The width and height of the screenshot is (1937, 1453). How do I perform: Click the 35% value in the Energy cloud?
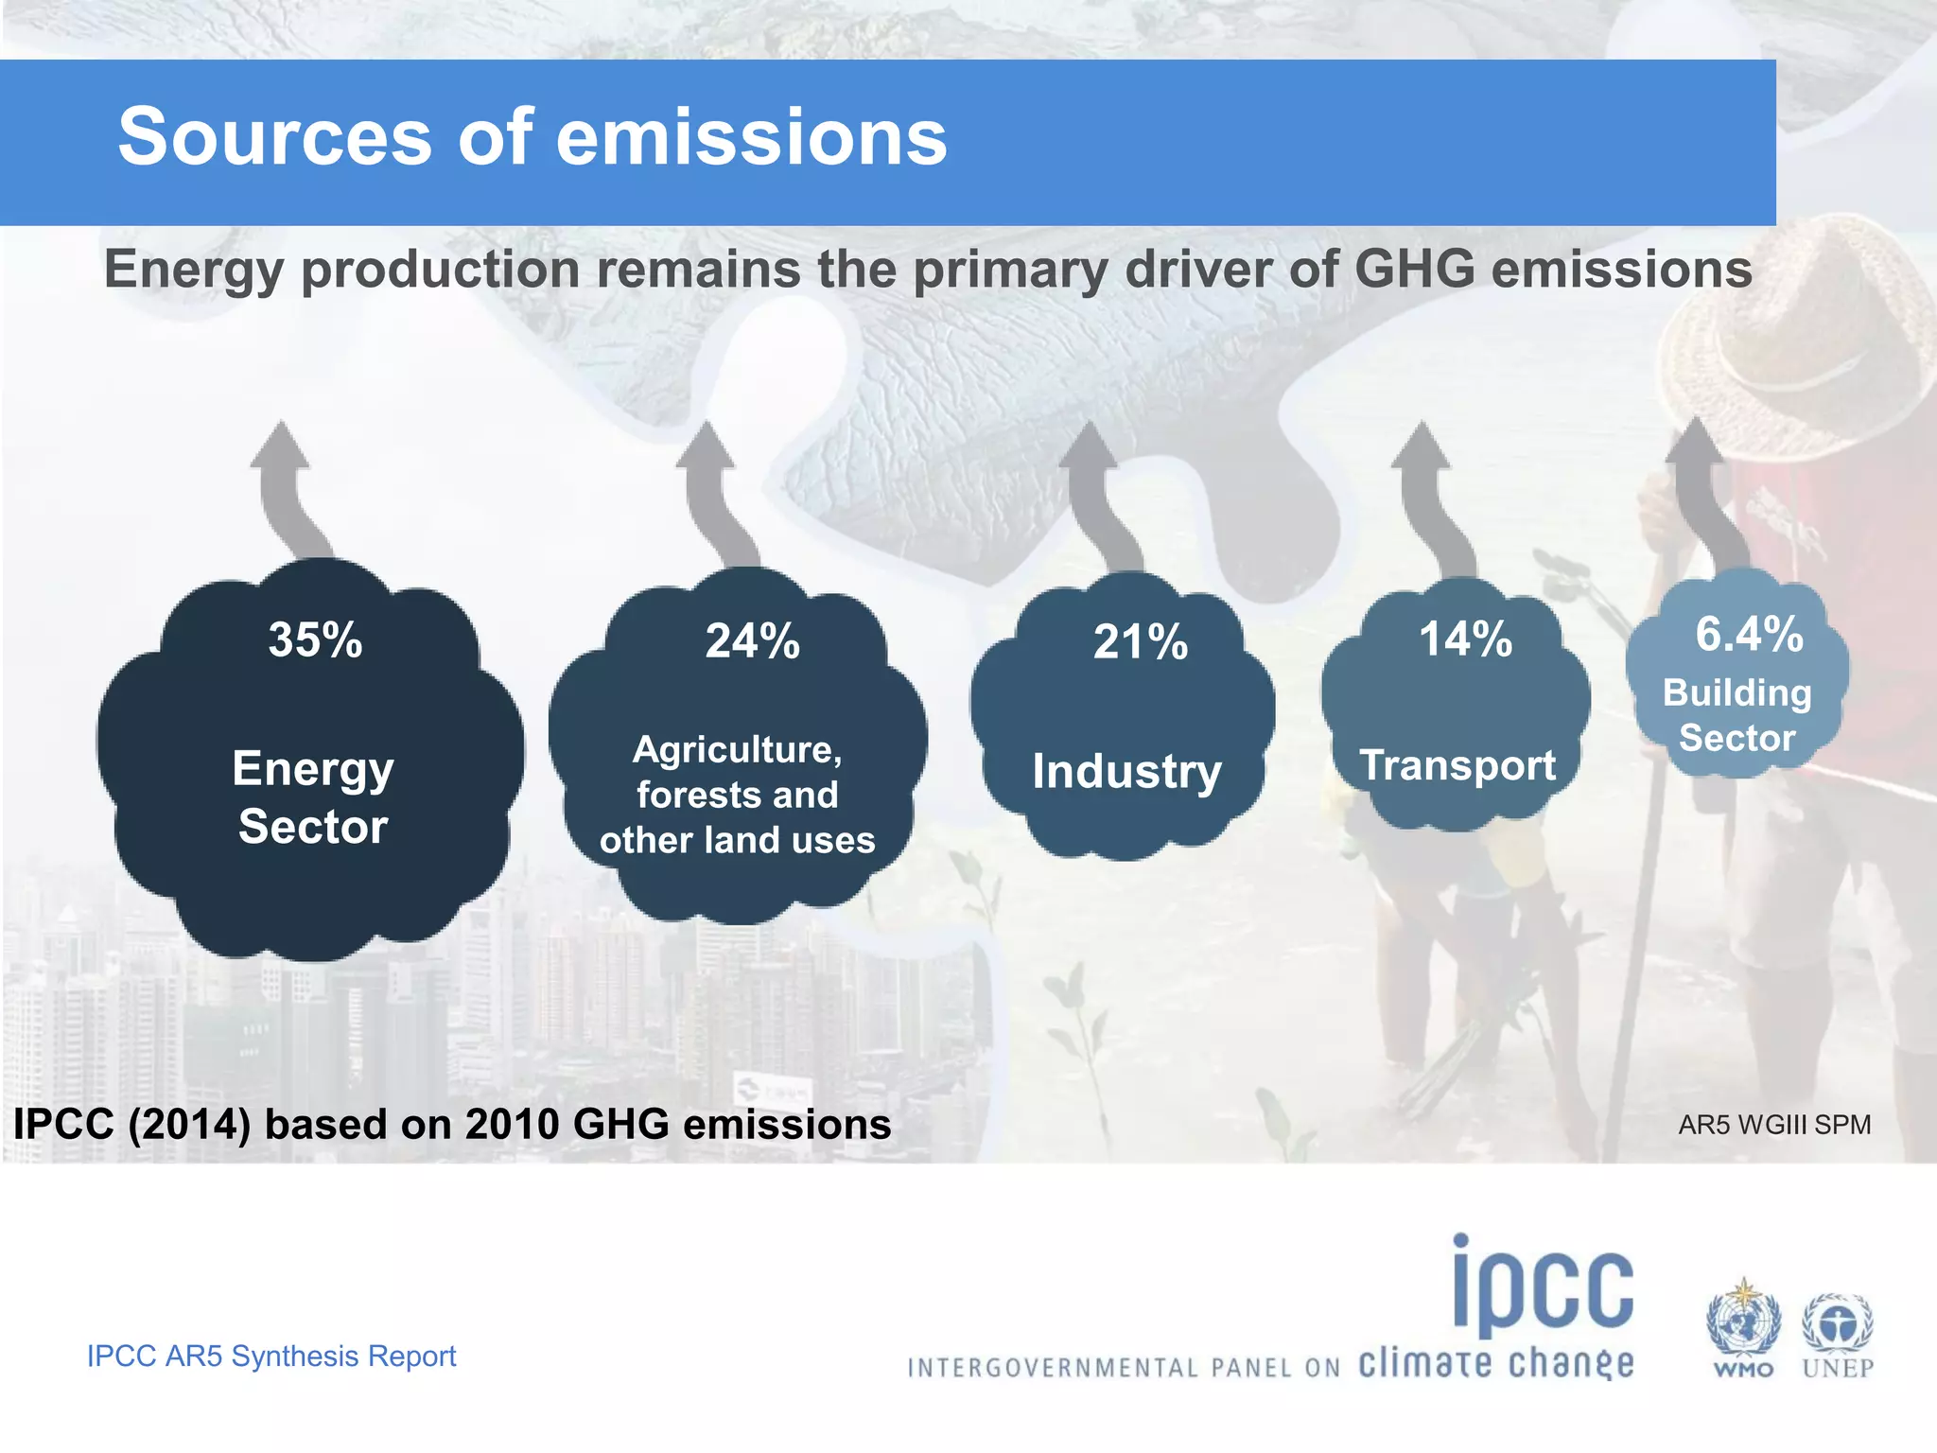coord(315,640)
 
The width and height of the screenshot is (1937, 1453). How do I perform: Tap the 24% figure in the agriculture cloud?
coord(752,641)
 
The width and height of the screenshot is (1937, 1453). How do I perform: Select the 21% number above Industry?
coord(1140,643)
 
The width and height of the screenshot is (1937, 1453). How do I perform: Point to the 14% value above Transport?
coord(1465,639)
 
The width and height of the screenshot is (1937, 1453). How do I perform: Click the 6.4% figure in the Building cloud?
coord(1748,634)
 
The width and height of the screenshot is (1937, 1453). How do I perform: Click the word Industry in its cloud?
coord(1126,771)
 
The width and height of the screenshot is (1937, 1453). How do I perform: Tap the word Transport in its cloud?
coord(1457,765)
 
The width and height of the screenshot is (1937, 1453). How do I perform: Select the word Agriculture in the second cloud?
coord(736,749)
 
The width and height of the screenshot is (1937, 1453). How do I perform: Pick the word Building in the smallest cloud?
coord(1736,693)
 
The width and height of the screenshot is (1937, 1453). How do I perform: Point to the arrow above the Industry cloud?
coord(1097,492)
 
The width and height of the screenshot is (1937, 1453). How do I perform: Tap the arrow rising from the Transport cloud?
coord(1428,492)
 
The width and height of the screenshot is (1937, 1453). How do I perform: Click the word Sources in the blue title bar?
coord(274,137)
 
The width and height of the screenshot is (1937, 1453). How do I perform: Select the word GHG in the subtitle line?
coord(1414,269)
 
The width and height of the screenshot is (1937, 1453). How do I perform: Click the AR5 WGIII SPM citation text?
coord(1773,1125)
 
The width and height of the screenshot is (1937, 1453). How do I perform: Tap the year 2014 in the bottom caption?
coord(189,1125)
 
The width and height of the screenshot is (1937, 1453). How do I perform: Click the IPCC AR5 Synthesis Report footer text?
coord(271,1356)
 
